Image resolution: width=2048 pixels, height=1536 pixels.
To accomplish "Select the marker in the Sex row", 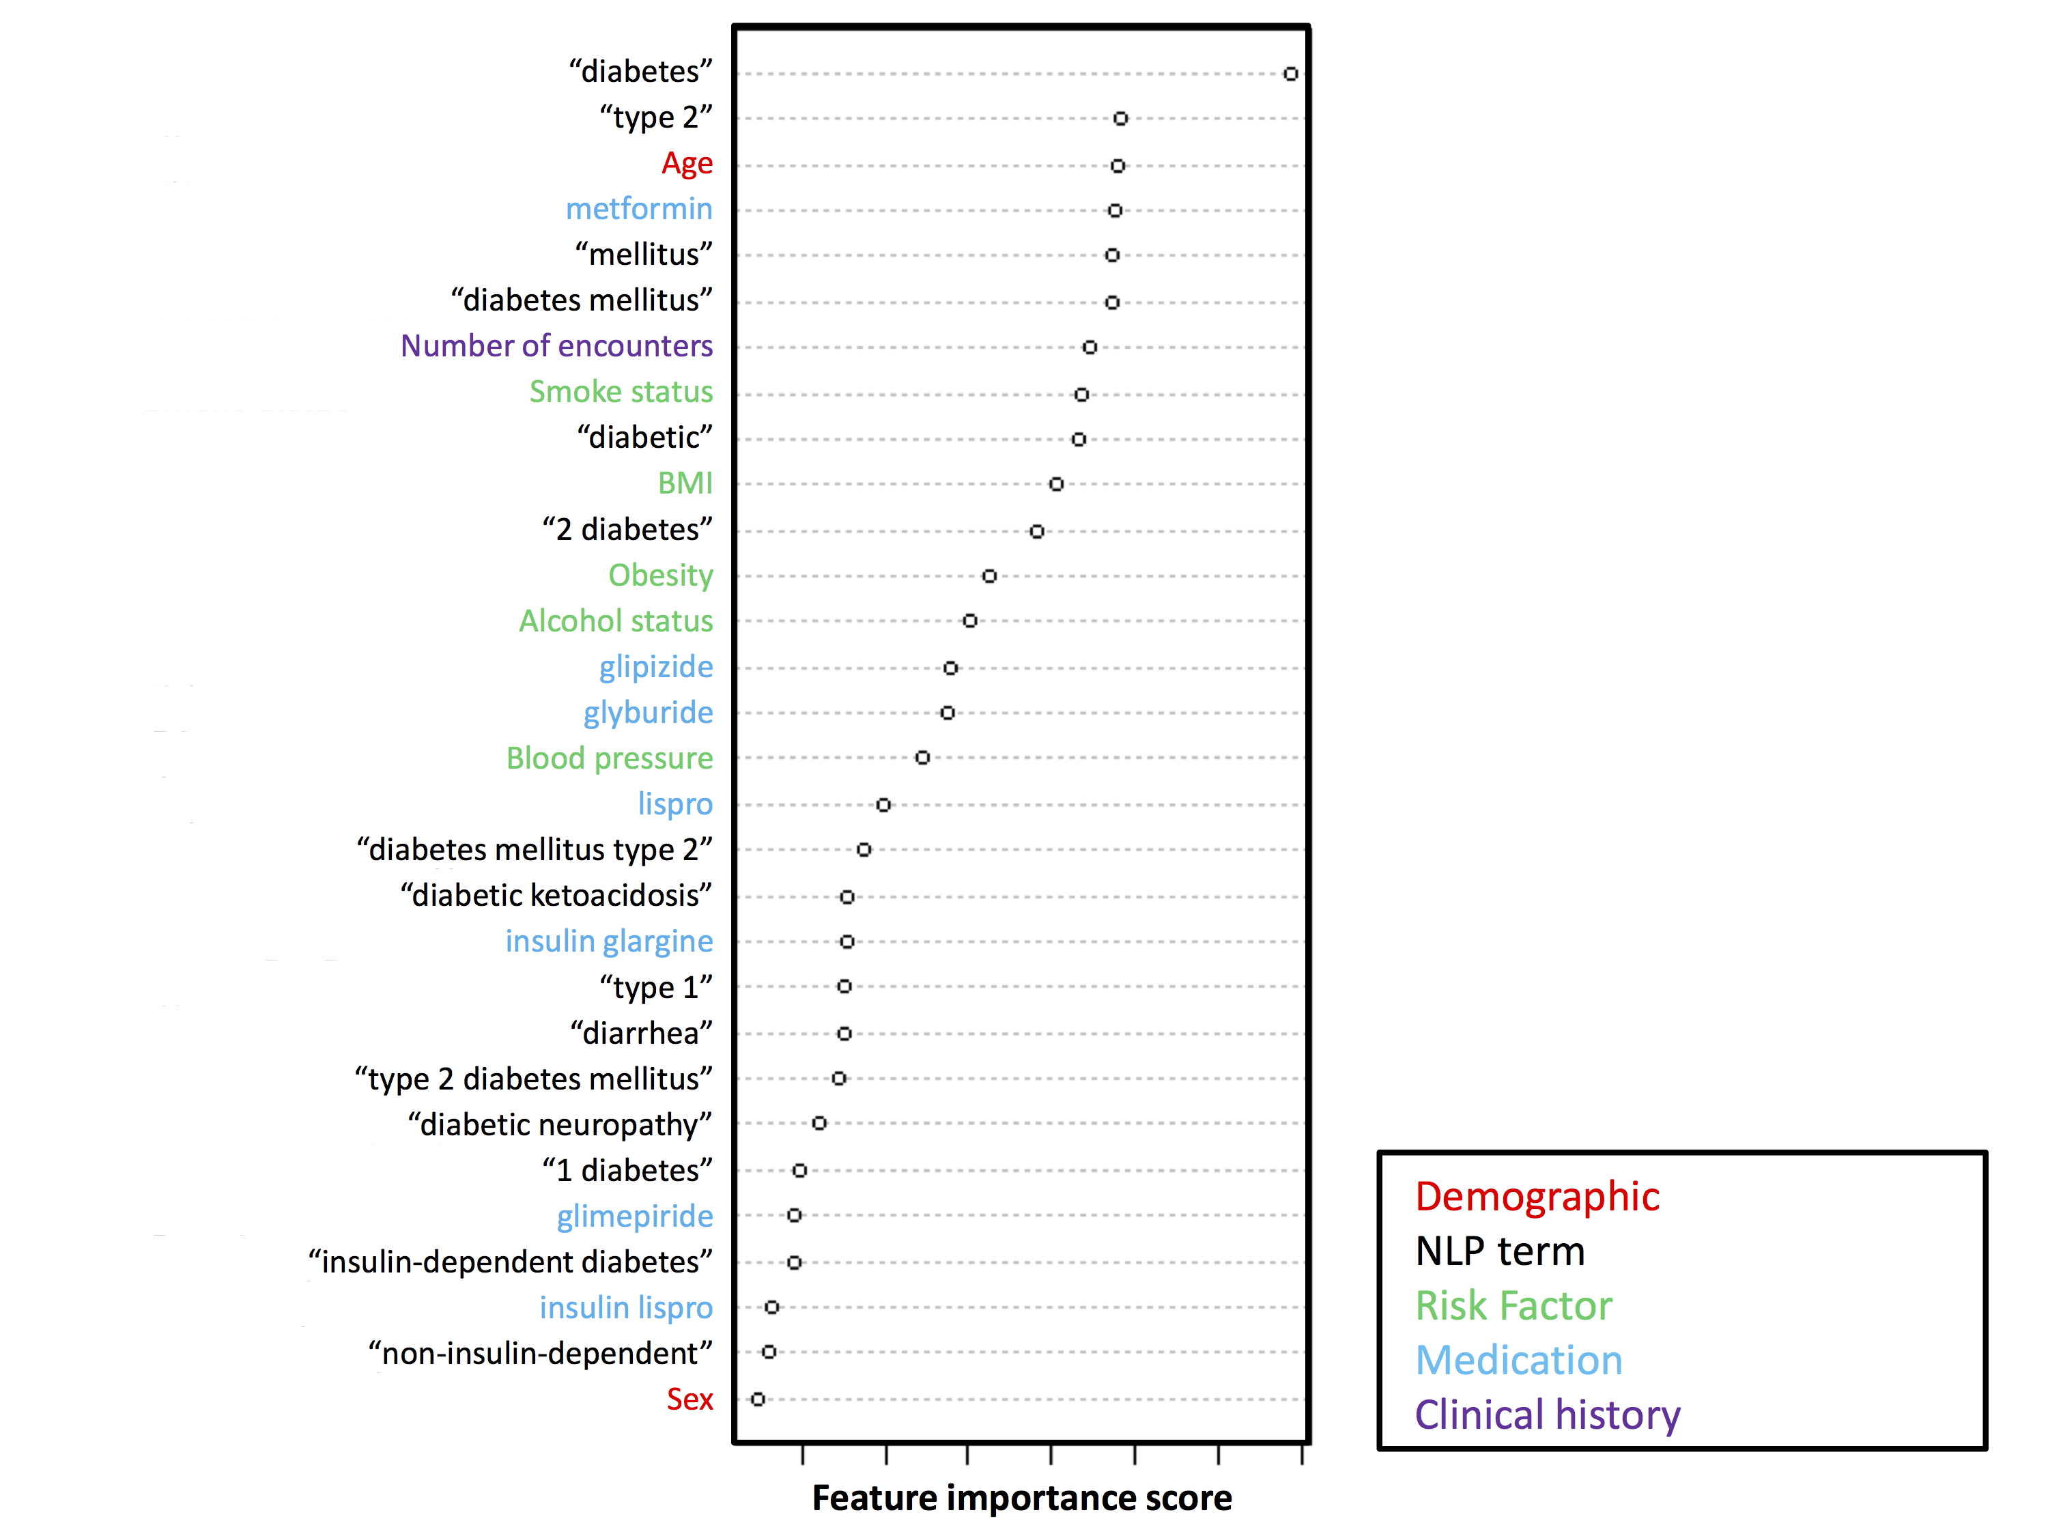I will [758, 1399].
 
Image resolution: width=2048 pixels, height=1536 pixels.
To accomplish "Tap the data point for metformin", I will [1115, 211].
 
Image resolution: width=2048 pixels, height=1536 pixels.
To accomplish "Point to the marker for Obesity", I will [989, 576].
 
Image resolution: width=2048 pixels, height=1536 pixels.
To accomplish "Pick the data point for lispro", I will [883, 805].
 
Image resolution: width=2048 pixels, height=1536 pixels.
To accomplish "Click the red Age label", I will [686, 164].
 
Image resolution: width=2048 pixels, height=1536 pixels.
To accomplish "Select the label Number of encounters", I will [556, 346].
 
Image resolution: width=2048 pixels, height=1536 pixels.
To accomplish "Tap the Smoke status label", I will [621, 392].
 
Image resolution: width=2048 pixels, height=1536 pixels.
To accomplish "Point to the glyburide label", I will [647, 713].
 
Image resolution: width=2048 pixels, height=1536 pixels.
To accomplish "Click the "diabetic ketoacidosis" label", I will [556, 895].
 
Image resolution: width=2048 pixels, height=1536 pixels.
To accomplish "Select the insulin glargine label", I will [608, 941].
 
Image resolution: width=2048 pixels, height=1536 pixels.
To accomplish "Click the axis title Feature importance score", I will [1021, 1498].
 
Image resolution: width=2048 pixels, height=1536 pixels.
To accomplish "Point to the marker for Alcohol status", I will [969, 621].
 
